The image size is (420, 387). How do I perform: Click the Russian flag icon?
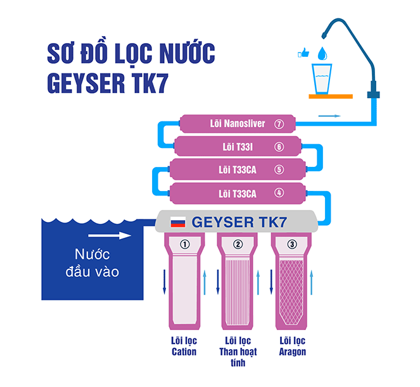(179, 223)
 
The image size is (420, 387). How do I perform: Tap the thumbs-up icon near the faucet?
(303, 54)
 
